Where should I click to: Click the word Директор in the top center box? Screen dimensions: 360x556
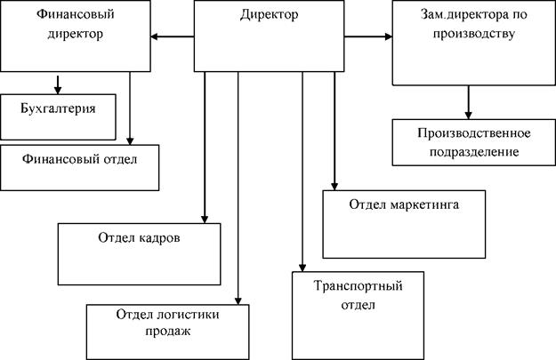[x=270, y=15]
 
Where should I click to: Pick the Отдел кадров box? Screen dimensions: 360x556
[x=139, y=252]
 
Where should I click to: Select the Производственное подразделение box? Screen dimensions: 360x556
[x=473, y=143]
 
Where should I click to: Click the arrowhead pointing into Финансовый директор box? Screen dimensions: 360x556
[x=155, y=37]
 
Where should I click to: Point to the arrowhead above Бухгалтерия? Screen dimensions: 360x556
[x=58, y=89]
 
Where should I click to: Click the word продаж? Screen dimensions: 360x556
[x=167, y=332]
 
